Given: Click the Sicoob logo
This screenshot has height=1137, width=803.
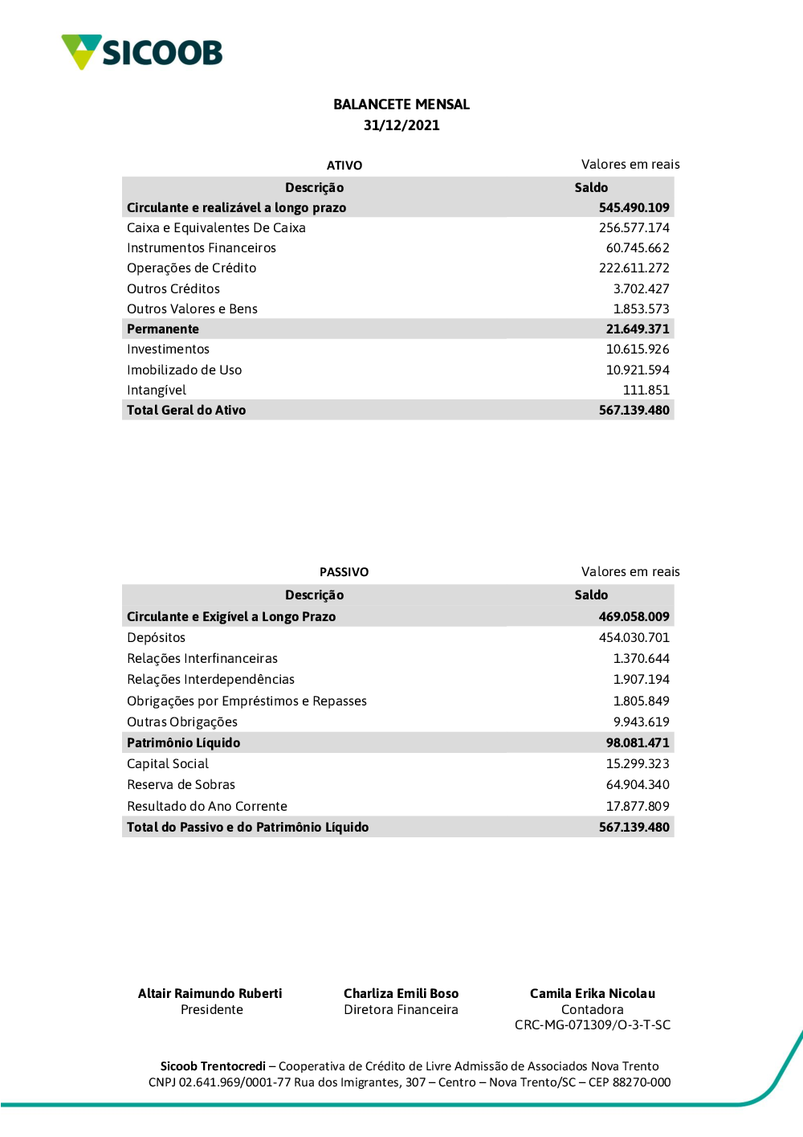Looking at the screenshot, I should click(x=142, y=52).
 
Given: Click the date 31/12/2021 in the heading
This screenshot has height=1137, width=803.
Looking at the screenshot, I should click(x=401, y=125).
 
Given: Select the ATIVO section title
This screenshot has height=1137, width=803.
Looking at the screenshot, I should click(x=344, y=166).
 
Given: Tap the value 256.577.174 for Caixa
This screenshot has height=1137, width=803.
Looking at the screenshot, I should click(x=634, y=228).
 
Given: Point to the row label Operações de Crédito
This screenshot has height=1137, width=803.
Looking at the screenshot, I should click(x=191, y=268).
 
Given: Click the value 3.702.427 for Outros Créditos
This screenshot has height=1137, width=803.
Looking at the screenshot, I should click(x=641, y=289).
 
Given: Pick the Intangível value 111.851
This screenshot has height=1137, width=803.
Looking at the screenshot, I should click(x=646, y=391).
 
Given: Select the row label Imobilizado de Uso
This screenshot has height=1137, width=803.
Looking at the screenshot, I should click(x=184, y=370).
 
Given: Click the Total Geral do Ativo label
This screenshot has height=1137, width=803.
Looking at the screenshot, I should click(x=186, y=411).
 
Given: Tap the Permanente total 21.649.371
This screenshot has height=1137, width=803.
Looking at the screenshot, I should click(x=638, y=329).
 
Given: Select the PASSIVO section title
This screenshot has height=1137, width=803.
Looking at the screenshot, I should click(x=344, y=572).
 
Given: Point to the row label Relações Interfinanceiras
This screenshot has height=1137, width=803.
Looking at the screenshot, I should click(x=202, y=659).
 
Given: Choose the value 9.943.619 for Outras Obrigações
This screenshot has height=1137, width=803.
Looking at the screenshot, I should click(x=641, y=722).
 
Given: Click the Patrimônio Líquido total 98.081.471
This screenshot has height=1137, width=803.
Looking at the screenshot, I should click(x=638, y=743).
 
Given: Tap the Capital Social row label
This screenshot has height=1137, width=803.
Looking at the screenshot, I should click(x=168, y=764).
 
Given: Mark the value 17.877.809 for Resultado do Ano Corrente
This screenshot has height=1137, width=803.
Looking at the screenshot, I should click(x=638, y=807).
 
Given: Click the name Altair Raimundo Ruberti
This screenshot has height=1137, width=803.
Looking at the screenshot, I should click(x=210, y=994).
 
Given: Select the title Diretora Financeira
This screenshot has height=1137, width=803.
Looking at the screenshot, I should click(x=401, y=1010).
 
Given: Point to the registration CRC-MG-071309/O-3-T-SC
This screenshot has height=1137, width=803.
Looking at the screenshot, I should click(x=593, y=1025).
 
